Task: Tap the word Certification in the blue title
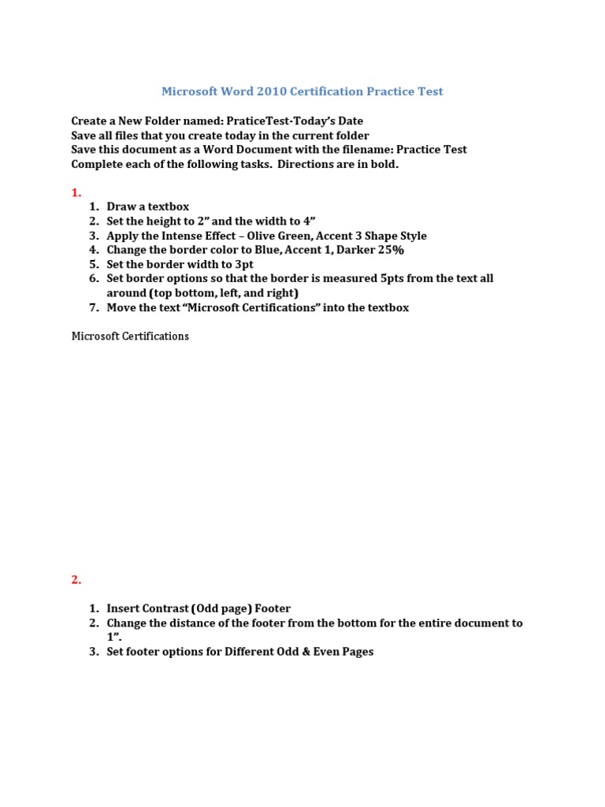pos(325,91)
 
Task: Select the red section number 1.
pos(76,192)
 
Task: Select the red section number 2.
pos(76,579)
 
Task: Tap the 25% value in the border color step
pos(389,250)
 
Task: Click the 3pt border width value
pos(239,264)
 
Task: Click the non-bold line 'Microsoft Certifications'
pos(130,336)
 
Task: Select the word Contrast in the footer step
pos(162,608)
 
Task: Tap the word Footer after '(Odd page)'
pos(271,608)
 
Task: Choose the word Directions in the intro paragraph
pos(307,164)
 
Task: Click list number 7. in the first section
pos(94,307)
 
